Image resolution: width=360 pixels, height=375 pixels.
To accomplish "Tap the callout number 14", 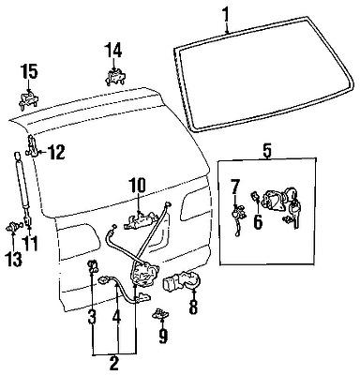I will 112,49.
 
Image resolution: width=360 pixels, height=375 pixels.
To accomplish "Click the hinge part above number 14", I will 115,78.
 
